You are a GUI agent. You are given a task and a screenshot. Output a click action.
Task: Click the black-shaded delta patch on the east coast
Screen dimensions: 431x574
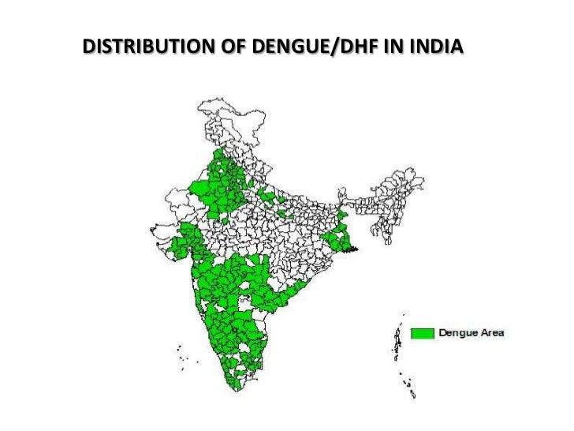click(x=355, y=249)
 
